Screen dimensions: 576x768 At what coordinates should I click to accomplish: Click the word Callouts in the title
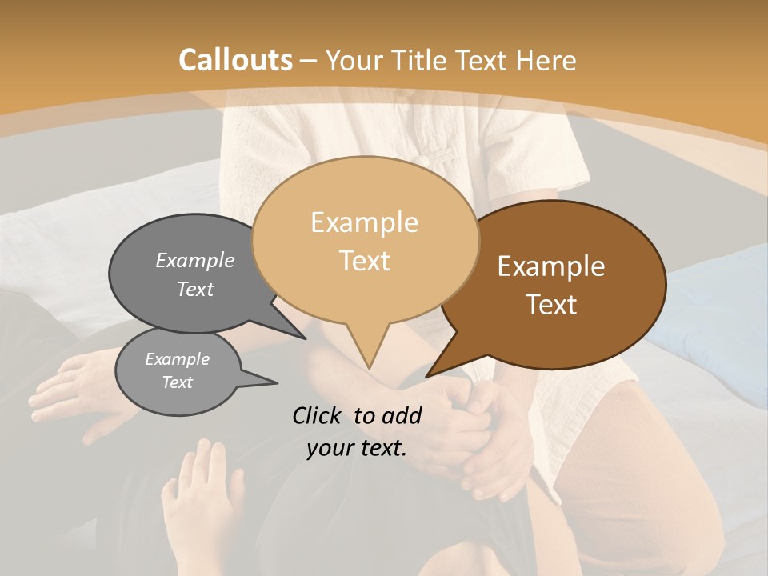235,60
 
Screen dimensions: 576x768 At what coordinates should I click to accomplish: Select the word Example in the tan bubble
364,222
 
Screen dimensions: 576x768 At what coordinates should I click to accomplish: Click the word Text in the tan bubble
364,261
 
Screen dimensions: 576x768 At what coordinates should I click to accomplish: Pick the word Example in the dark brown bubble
551,266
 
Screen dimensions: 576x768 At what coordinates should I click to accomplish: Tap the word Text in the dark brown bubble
551,305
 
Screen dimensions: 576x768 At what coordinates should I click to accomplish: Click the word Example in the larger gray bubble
195,260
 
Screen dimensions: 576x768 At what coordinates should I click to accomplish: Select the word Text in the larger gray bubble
195,289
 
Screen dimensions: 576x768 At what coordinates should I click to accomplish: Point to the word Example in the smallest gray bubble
177,359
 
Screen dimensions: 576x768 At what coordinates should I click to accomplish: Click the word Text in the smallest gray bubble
177,382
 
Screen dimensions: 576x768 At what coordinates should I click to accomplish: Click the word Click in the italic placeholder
318,415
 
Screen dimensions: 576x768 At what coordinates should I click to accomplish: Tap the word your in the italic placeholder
328,448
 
